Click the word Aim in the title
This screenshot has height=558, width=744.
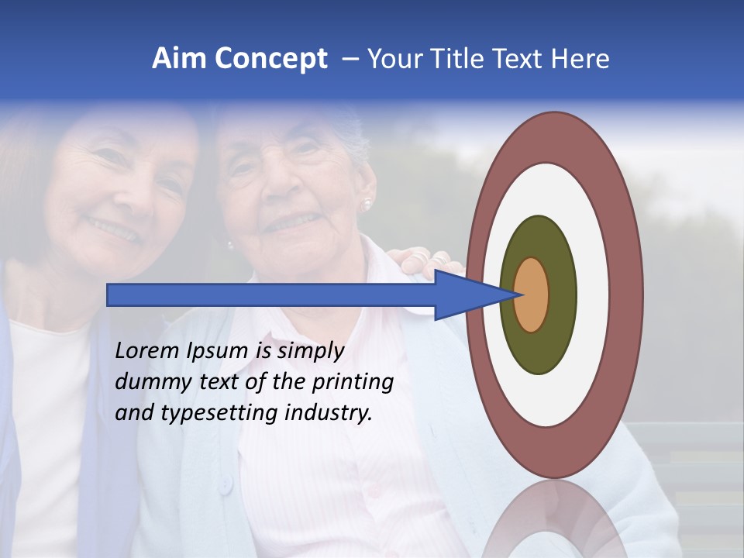coord(180,59)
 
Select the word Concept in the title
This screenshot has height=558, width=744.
coord(271,59)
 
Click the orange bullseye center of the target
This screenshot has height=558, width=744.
coord(532,294)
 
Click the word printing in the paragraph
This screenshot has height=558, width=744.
coord(352,382)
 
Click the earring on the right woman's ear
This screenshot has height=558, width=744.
coord(367,204)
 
